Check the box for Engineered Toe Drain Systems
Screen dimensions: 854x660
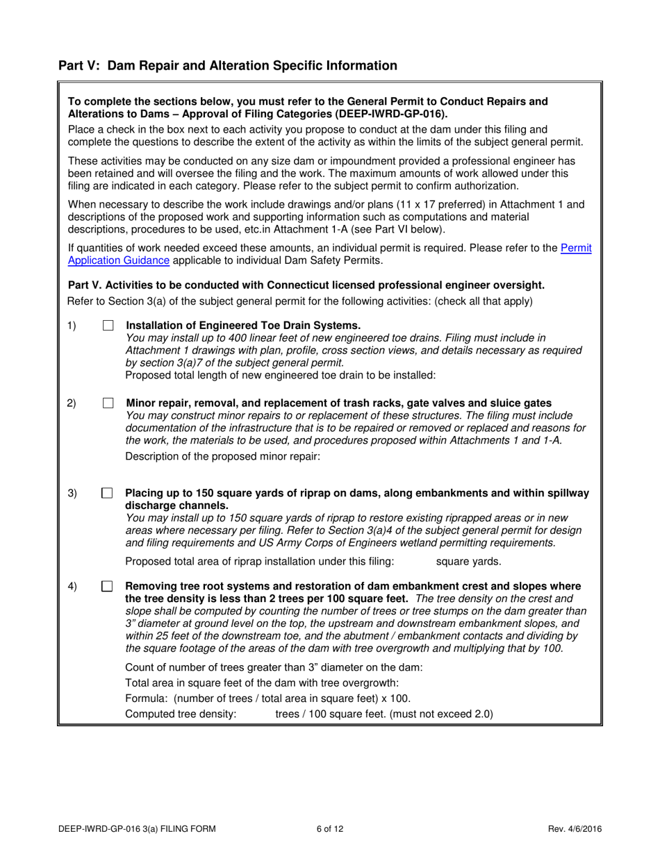pyautogui.click(x=108, y=326)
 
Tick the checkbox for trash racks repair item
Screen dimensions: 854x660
pyautogui.click(x=108, y=403)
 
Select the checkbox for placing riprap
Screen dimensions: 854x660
pyautogui.click(x=108, y=494)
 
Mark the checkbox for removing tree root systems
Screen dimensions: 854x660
pyautogui.click(x=108, y=587)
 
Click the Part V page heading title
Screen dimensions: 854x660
pyautogui.click(x=228, y=66)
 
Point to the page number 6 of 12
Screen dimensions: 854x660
pyautogui.click(x=329, y=828)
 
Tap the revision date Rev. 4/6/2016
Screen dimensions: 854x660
pyautogui.click(x=572, y=828)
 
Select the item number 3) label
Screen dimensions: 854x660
pyautogui.click(x=72, y=494)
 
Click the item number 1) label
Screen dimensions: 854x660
pyautogui.click(x=72, y=326)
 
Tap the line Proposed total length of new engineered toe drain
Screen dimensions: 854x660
pyautogui.click(x=280, y=376)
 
